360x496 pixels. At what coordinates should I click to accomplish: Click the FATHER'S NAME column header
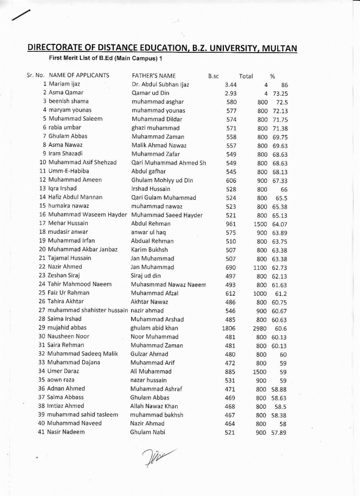(x=154, y=76)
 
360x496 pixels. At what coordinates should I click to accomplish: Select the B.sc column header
(x=214, y=76)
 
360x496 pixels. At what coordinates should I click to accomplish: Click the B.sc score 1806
(x=229, y=328)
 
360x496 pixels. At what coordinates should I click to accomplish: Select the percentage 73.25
(x=280, y=93)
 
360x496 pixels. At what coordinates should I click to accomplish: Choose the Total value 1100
(x=260, y=268)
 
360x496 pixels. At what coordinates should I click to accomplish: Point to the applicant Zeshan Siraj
(x=64, y=276)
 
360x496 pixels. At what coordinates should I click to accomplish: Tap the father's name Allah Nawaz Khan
(x=154, y=406)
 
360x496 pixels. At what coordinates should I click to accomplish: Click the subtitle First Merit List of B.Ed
(x=106, y=58)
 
